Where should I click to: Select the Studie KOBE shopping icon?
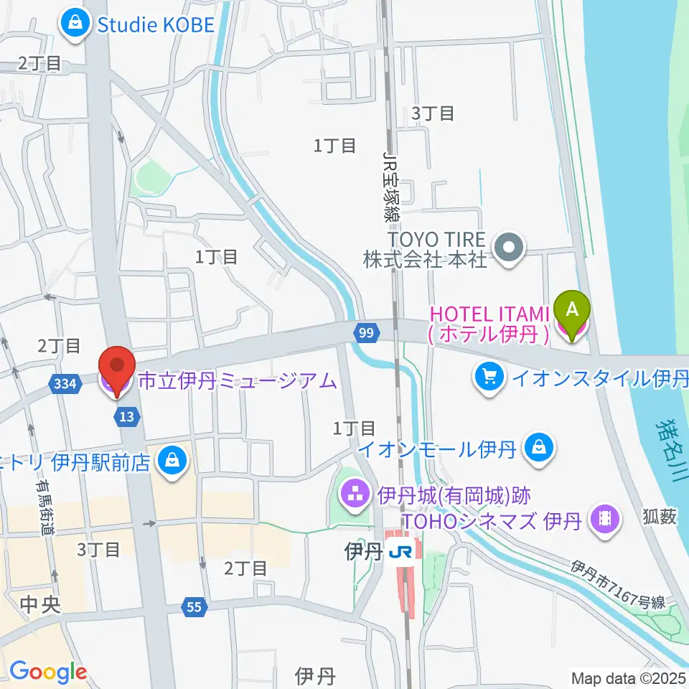click(75, 25)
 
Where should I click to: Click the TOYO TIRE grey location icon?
click(510, 250)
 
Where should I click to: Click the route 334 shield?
click(65, 385)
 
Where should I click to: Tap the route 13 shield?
click(126, 417)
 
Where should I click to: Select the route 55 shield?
click(194, 607)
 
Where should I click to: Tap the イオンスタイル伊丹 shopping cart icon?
click(490, 378)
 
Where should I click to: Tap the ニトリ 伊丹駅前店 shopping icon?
click(172, 460)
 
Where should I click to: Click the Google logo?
click(48, 672)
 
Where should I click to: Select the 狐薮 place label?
click(660, 517)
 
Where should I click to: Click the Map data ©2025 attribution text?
click(628, 677)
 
